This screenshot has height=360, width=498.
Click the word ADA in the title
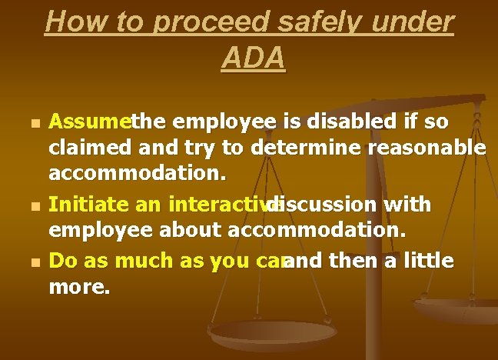253,57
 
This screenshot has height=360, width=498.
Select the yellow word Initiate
85,205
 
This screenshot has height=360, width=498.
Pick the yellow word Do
62,262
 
